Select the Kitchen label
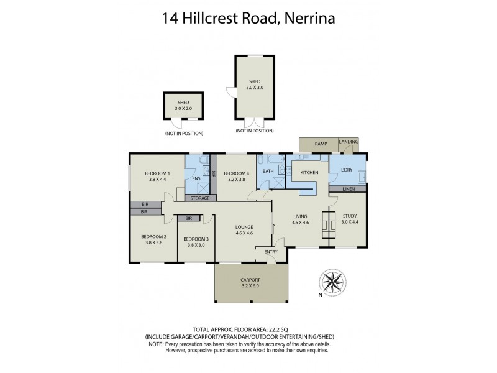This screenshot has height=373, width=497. (309, 172)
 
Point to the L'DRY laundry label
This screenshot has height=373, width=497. (346, 169)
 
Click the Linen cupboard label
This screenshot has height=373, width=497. (347, 188)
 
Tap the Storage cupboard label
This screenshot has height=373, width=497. (200, 198)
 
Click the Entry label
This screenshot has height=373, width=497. (271, 251)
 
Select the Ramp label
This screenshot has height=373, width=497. (321, 144)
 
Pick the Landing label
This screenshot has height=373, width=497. (349, 142)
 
